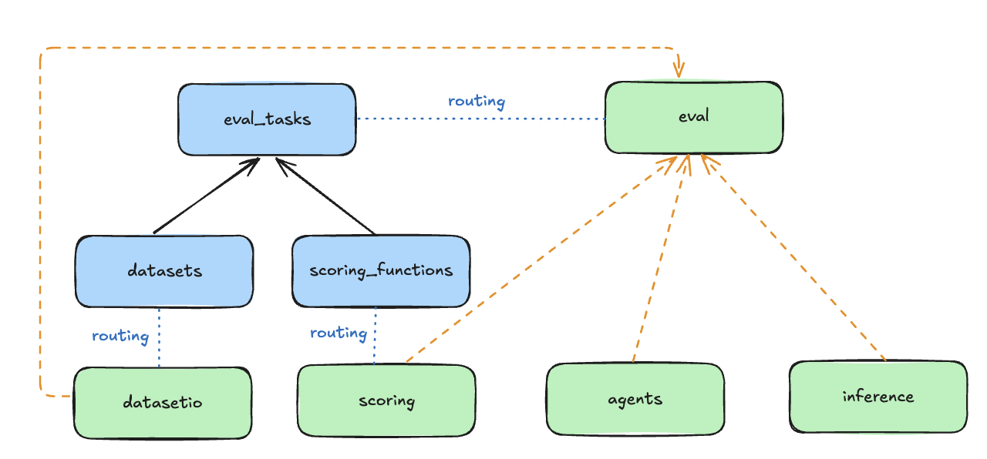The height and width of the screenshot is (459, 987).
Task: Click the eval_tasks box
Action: point(267,119)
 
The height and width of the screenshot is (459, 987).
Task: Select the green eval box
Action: point(693,118)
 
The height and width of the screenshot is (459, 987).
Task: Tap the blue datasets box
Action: point(164,271)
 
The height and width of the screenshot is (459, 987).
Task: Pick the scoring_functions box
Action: point(380,271)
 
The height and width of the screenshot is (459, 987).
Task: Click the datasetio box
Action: point(163,402)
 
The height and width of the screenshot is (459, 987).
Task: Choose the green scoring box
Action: point(386,401)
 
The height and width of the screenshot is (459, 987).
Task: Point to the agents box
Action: point(635,399)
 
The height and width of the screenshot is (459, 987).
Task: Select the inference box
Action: point(878,397)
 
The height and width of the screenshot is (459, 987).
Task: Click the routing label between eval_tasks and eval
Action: point(477,101)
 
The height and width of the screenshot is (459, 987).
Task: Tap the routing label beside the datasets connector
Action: point(120,336)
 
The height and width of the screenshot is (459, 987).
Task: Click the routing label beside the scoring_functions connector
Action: point(338,333)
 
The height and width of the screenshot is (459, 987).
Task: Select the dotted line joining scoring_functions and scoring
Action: point(375,336)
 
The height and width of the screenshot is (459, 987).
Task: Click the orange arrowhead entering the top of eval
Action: point(679,71)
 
